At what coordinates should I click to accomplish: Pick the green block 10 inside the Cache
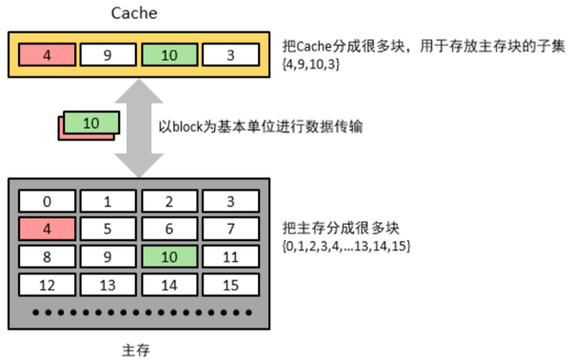[x=170, y=55]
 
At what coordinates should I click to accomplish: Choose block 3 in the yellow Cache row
[x=231, y=55]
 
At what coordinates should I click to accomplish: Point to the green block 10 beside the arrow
[x=91, y=123]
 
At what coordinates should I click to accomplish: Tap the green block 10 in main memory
[x=170, y=256]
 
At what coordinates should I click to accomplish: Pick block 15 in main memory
[x=231, y=285]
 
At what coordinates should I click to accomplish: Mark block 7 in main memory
[x=231, y=229]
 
